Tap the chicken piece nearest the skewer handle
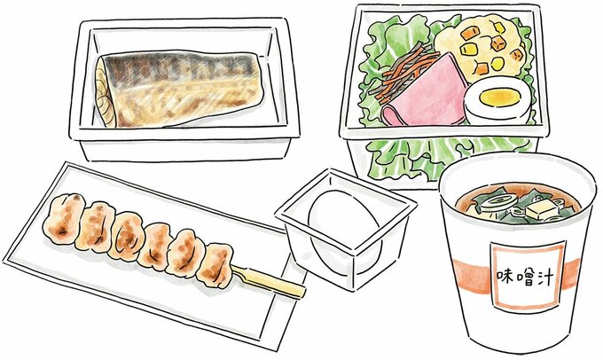coord(215,262)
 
